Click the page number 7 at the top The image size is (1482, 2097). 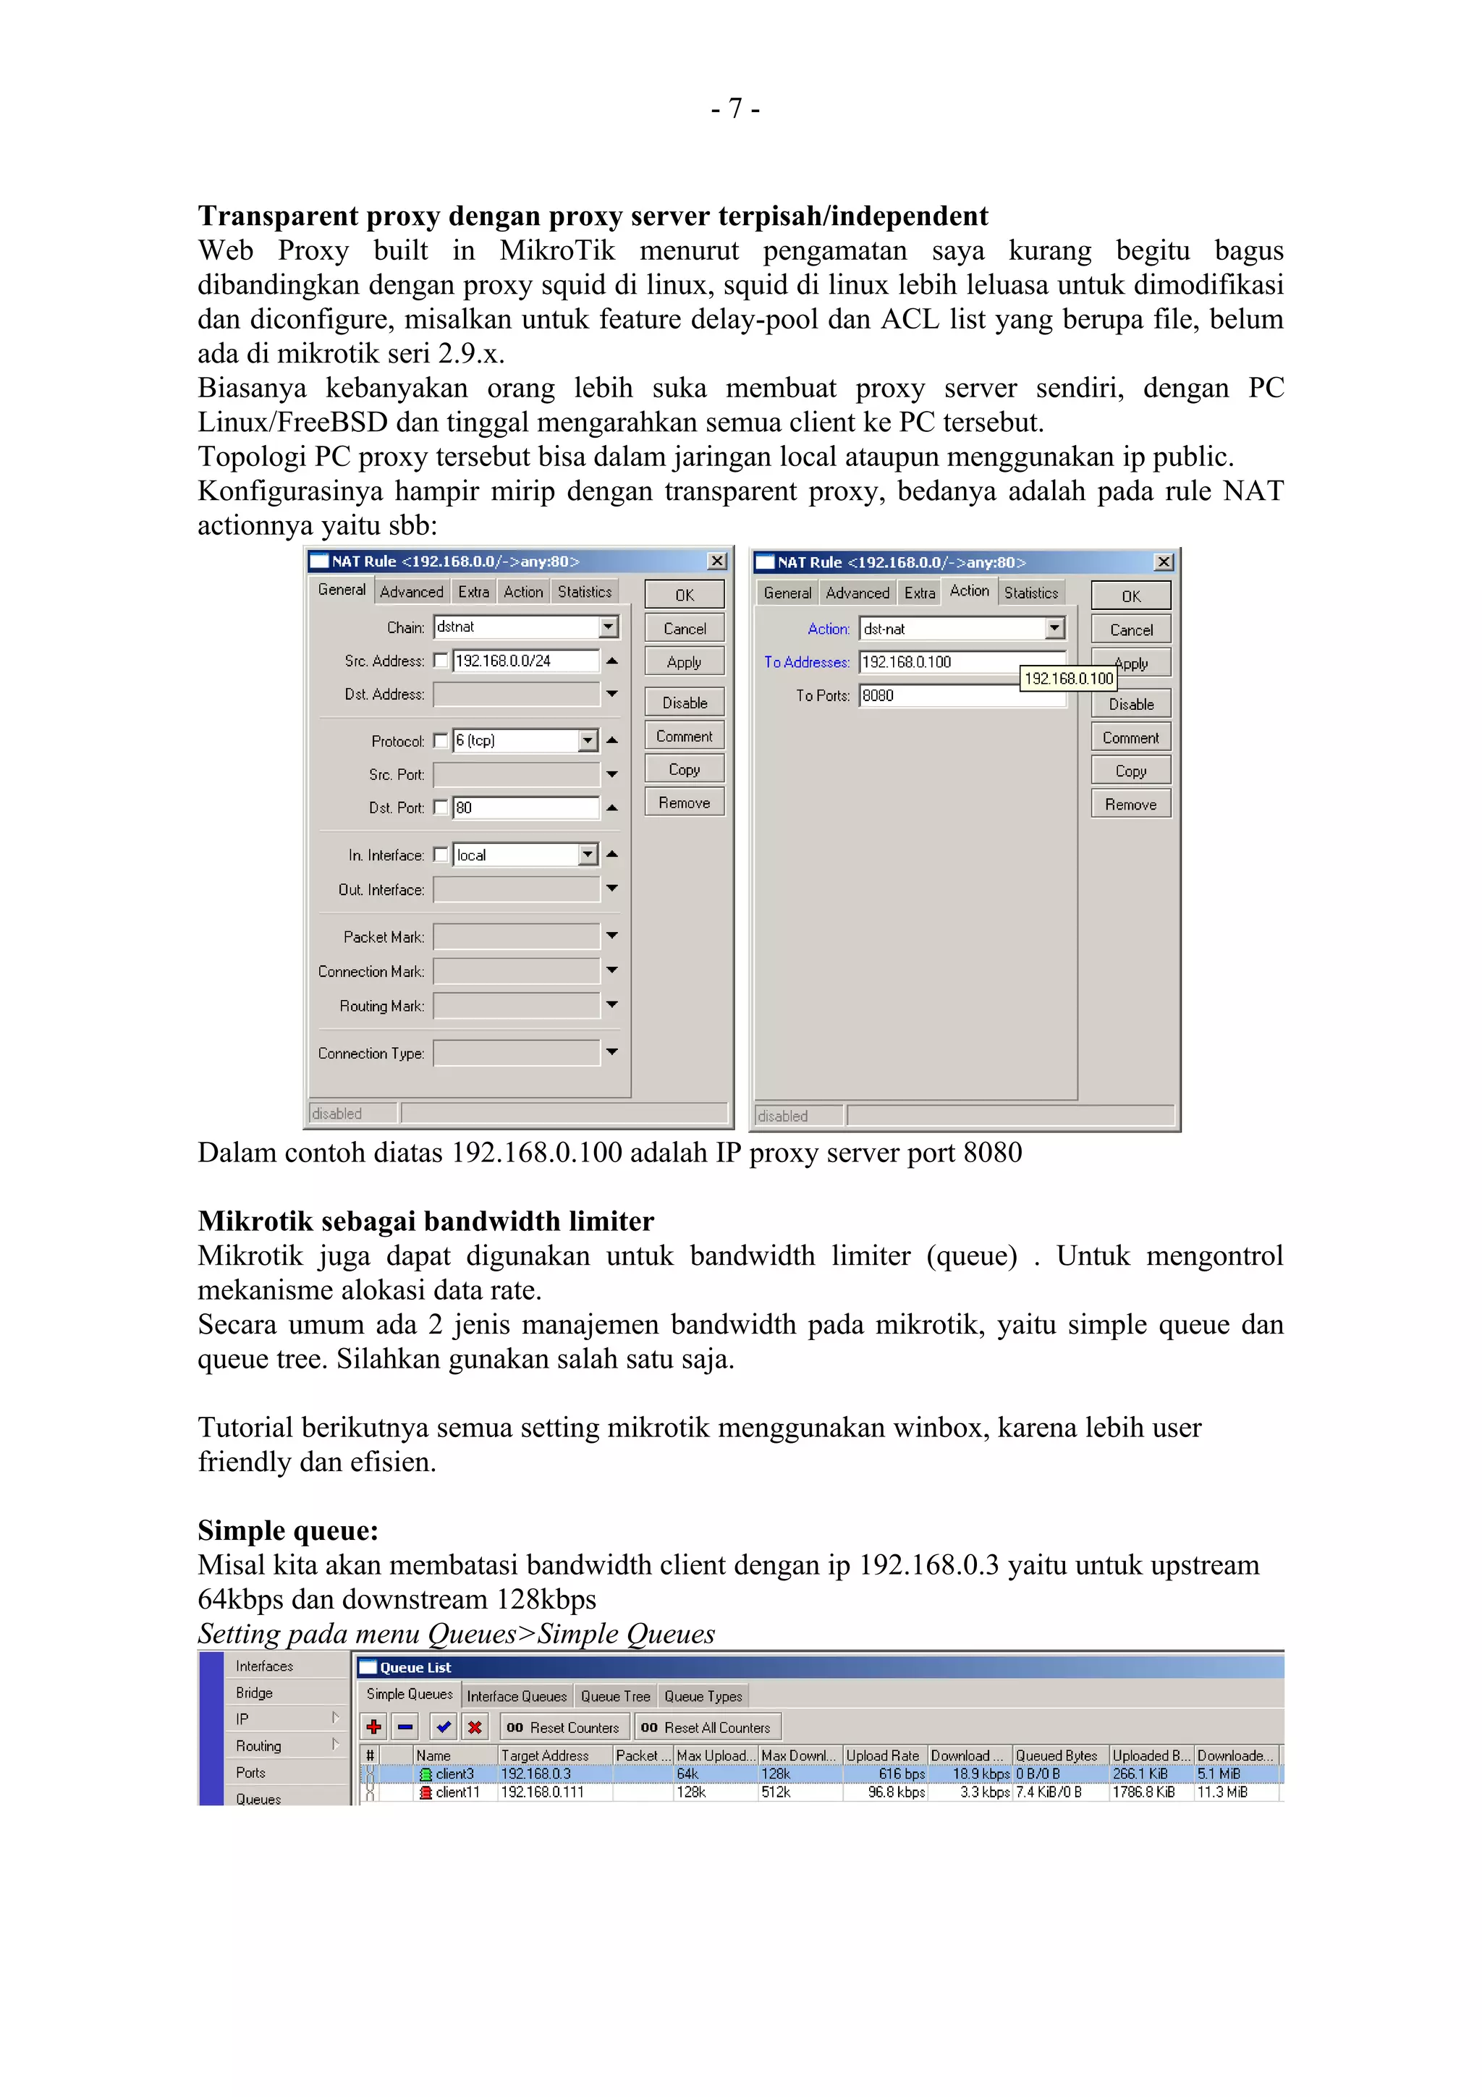[735, 109]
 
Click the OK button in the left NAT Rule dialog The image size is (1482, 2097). [684, 595]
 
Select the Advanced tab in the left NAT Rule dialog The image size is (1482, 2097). [411, 592]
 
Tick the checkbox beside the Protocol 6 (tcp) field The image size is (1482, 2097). [441, 741]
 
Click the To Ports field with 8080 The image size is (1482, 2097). [939, 696]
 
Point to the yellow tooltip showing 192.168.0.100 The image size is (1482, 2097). [1067, 679]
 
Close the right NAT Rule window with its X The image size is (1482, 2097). [1164, 562]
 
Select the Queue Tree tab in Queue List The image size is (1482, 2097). [614, 1696]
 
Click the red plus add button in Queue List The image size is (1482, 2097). [373, 1727]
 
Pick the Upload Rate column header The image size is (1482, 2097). [882, 1755]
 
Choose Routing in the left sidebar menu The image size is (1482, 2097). [258, 1745]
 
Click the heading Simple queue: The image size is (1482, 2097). [287, 1530]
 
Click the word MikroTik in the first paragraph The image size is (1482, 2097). [557, 250]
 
